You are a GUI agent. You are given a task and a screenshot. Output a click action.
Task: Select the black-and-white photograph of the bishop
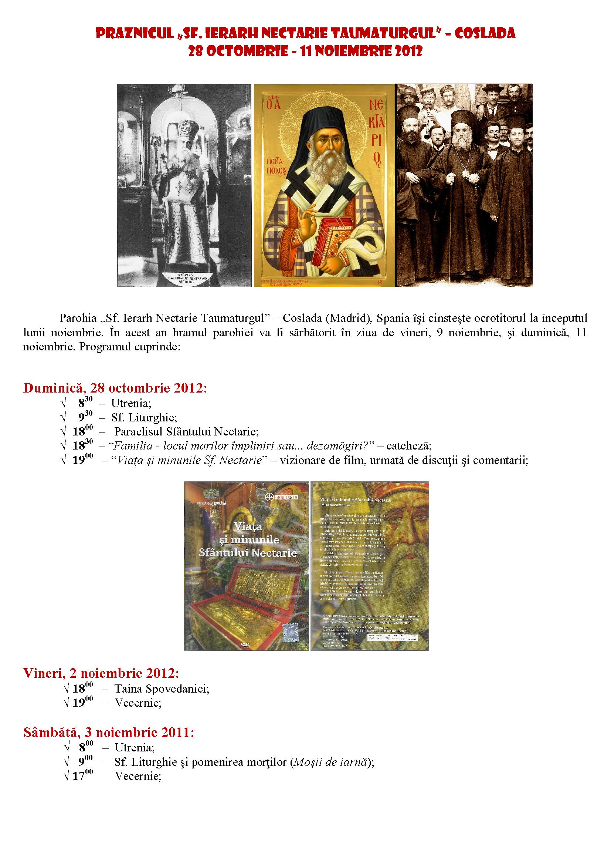[184, 185]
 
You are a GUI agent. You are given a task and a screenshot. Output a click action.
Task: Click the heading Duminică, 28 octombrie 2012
[115, 388]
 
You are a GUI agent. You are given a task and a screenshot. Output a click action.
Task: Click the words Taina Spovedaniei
[162, 689]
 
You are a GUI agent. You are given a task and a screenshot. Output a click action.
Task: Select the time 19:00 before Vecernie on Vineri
[82, 703]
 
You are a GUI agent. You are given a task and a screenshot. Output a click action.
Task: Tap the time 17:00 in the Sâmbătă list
[82, 776]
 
